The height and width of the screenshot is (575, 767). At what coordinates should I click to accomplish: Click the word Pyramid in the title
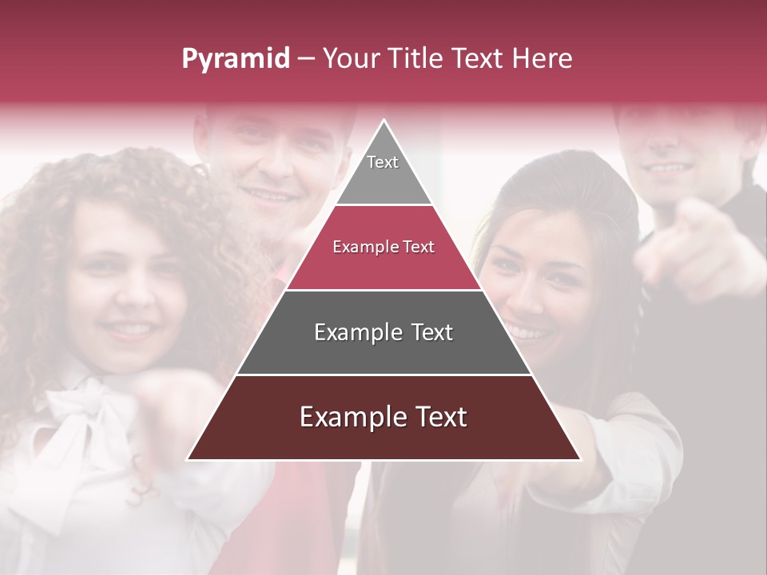click(235, 59)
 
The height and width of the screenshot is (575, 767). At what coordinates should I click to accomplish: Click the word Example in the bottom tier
click(346, 417)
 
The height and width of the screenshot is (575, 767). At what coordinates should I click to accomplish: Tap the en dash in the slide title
click(306, 59)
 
